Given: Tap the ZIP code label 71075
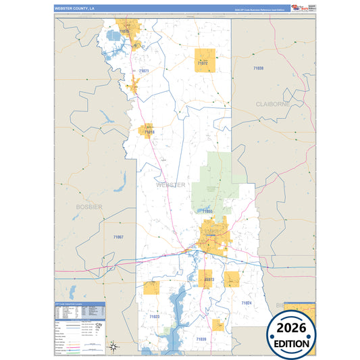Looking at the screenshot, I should pyautogui.click(x=124, y=32).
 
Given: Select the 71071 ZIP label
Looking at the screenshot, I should pyautogui.click(x=143, y=71).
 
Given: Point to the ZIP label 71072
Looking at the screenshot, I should pyautogui.click(x=203, y=63).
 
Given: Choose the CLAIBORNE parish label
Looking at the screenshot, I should pyautogui.click(x=272, y=104).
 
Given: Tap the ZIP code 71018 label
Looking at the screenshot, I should pyautogui.click(x=149, y=132).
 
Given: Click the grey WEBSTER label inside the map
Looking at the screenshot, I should pyautogui.click(x=170, y=184).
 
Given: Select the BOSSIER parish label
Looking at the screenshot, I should pyautogui.click(x=89, y=206).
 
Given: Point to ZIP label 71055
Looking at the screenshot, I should pyautogui.click(x=207, y=211).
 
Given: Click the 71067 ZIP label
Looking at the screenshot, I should pyautogui.click(x=118, y=237).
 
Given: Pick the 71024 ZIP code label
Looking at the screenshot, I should pyautogui.click(x=245, y=303).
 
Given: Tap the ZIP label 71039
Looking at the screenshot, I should pyautogui.click(x=201, y=338).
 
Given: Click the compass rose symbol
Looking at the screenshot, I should pyautogui.click(x=115, y=346).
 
